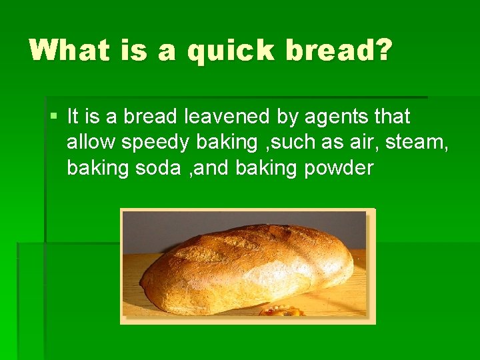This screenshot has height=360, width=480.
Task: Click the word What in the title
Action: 69,51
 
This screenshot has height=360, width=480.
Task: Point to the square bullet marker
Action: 53,117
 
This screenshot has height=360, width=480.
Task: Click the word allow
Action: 89,142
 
